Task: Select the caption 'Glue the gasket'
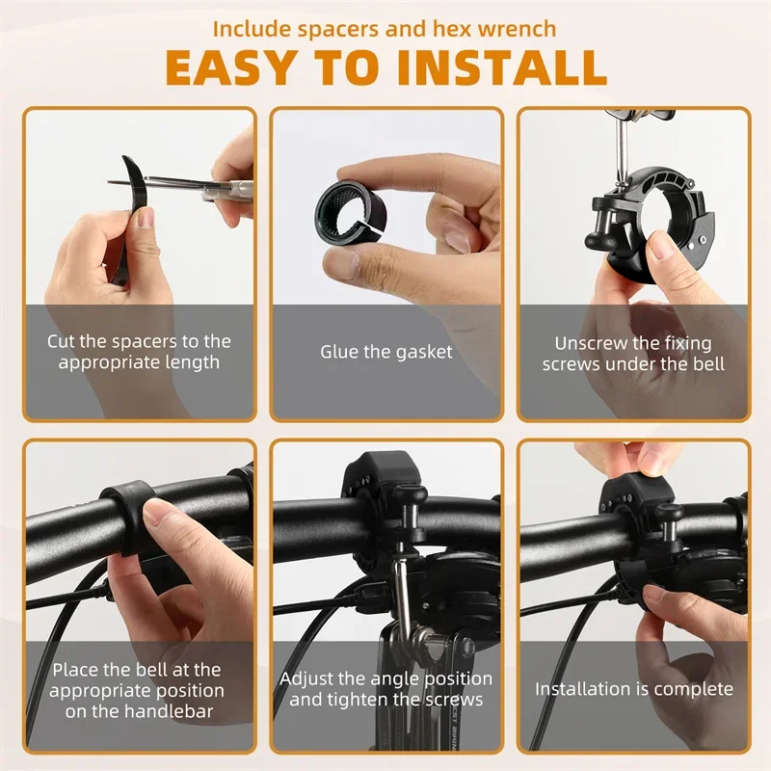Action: [385, 352]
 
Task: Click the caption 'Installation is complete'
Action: [634, 689]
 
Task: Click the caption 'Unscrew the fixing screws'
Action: [633, 353]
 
